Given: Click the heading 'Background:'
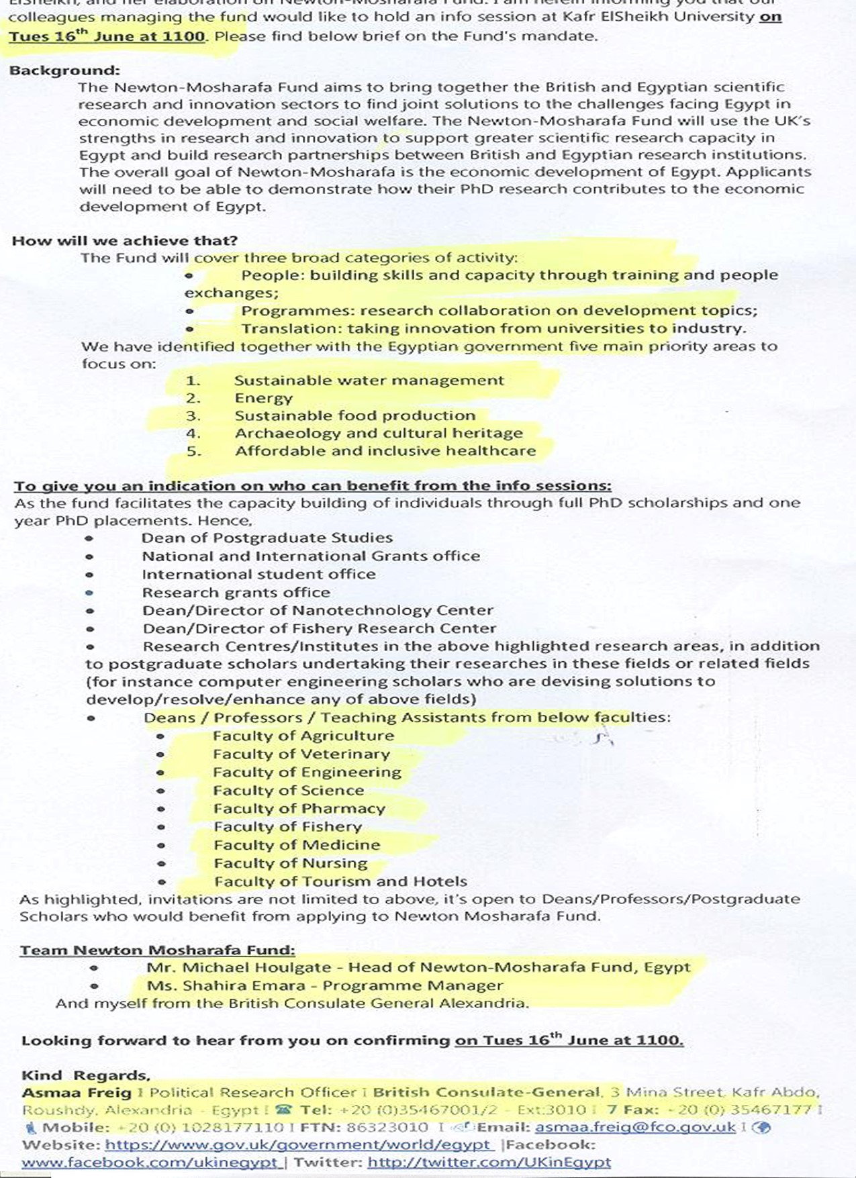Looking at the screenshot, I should tap(64, 70).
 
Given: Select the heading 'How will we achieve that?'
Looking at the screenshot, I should tap(125, 241).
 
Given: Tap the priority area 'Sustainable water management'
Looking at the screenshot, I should tap(369, 381).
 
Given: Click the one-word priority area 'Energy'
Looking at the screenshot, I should tap(263, 398).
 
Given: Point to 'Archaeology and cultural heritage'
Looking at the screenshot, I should tap(378, 434).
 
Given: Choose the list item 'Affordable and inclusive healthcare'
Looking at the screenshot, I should tap(385, 451).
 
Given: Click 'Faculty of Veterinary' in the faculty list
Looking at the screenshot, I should tap(301, 754).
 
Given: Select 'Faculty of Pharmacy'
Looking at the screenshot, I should tap(299, 809).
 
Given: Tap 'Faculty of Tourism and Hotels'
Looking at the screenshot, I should tap(340, 881).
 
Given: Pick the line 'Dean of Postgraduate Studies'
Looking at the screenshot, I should tap(267, 538).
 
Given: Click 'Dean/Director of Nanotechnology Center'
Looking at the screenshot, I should tap(318, 611).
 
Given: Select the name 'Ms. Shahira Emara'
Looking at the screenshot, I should tap(226, 986).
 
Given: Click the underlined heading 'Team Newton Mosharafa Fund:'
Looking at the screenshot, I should tap(157, 950).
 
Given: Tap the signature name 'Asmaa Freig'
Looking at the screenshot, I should tap(66, 1093).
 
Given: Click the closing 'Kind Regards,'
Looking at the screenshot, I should tap(86, 1076).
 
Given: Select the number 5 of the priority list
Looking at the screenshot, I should tap(193, 452).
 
